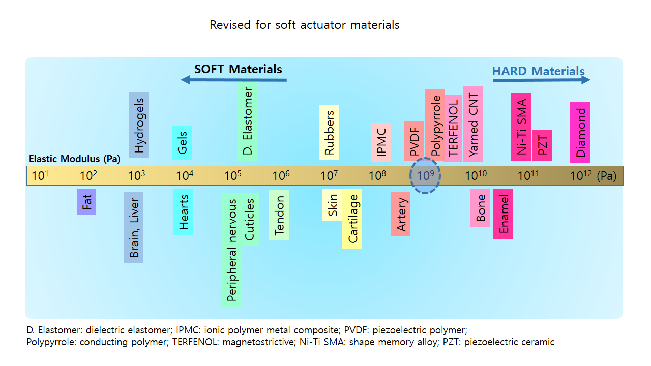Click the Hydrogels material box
coord(138,126)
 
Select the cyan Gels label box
coord(182,142)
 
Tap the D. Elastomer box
coord(247,121)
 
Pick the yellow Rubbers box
coord(329,132)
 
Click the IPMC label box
coord(380,142)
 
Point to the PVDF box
coord(414,141)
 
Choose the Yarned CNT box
coord(472,124)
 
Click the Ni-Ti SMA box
coord(521,127)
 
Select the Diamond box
coord(580,132)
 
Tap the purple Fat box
coord(86,202)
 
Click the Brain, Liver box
coord(133,227)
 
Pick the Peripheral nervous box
coord(231,250)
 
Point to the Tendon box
coord(279,215)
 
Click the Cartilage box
coord(352,219)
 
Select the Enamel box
coord(503,213)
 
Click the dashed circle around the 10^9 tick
coord(425,175)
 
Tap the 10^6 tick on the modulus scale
coord(281,176)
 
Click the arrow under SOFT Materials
coord(234,80)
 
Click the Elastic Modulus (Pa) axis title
coord(74,159)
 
